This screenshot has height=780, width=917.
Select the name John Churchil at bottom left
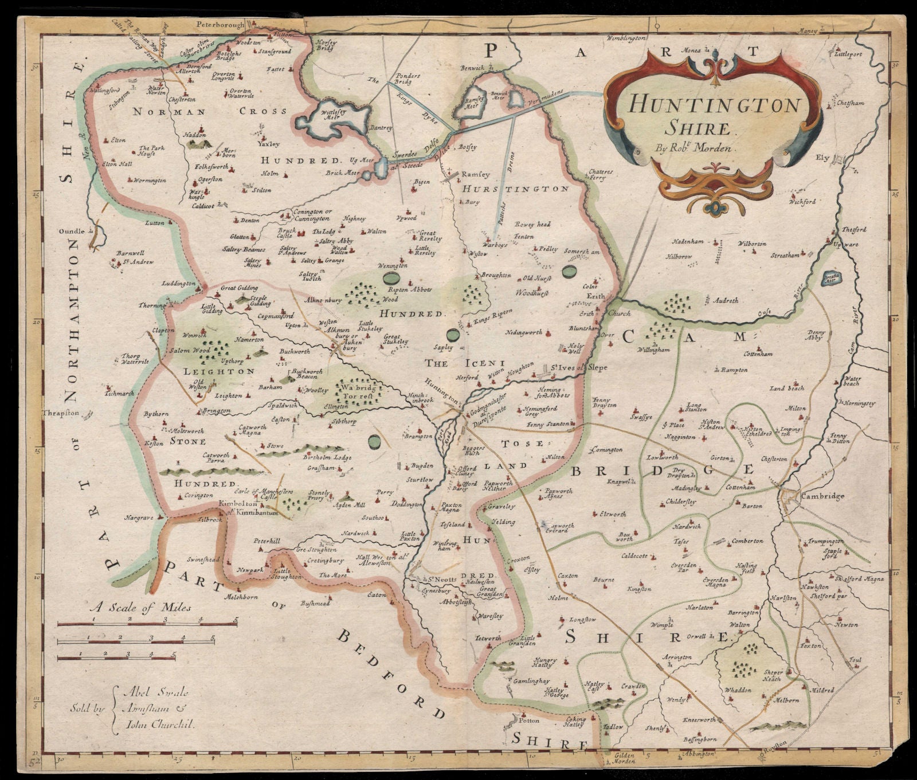pyautogui.click(x=159, y=724)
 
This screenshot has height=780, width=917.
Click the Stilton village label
pyautogui.click(x=263, y=190)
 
